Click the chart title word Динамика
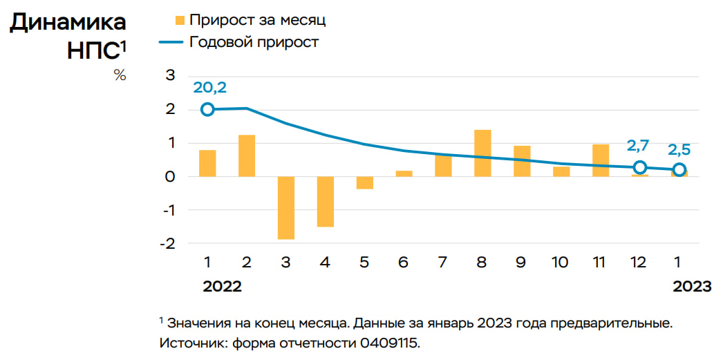point(68,22)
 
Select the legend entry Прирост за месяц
point(256,20)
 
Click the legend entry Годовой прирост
point(253,42)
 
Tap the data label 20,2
point(210,88)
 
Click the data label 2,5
point(679,149)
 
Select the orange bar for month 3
point(286,207)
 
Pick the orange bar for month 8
point(483,153)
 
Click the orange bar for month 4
point(326,201)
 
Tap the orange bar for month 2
point(247,155)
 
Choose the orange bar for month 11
point(601,160)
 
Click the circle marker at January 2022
point(207,109)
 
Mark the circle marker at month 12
point(640,167)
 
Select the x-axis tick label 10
point(561,263)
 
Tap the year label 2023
point(692,287)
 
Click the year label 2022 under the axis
point(222,287)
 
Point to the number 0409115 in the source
point(388,342)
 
